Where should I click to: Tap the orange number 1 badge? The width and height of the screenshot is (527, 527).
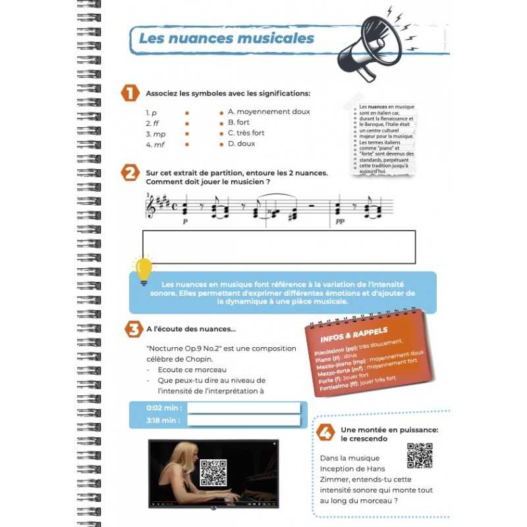[130, 94]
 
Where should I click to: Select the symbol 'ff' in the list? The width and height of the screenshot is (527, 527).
[156, 123]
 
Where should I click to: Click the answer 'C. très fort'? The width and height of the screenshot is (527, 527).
[246, 133]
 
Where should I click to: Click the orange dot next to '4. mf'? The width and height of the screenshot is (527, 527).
[187, 144]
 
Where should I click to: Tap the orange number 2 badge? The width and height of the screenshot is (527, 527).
[130, 173]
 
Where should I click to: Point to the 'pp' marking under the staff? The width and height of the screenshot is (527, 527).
[339, 223]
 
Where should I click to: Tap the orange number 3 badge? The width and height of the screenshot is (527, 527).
[132, 328]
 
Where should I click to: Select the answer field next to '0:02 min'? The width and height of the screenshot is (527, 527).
[243, 407]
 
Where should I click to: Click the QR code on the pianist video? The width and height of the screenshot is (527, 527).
[213, 472]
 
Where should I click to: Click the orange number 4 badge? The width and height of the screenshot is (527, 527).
[324, 432]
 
